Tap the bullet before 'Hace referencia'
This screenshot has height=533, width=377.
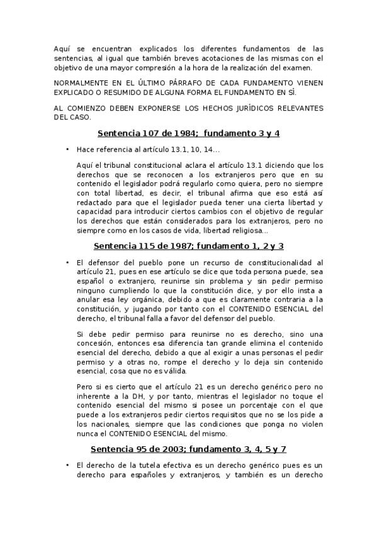tap(67, 150)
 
